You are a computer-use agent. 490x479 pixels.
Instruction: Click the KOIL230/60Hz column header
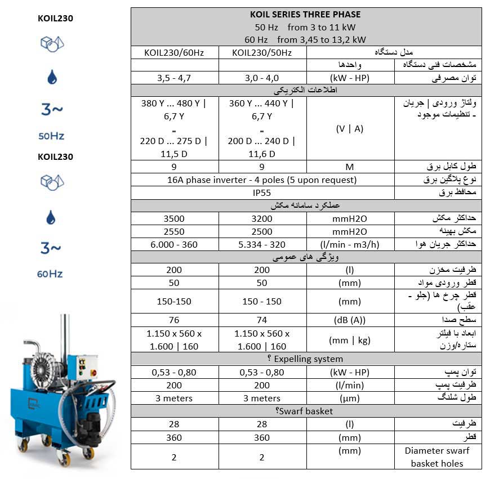[174, 52]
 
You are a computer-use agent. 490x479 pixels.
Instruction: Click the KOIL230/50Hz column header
[262, 52]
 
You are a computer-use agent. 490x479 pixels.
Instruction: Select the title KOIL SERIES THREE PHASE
[306, 15]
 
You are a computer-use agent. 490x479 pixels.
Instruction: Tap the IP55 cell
[262, 193]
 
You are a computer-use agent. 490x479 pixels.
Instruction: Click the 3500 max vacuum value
[174, 218]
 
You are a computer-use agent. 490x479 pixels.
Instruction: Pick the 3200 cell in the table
[262, 218]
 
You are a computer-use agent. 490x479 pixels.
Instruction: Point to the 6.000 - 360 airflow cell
[174, 244]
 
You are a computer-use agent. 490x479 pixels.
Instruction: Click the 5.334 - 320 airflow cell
[262, 244]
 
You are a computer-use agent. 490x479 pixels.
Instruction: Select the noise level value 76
[174, 320]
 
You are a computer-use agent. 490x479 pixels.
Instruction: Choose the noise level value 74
[262, 320]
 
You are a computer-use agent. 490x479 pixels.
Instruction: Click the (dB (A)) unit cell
[350, 320]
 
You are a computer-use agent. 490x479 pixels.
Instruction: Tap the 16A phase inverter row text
[262, 180]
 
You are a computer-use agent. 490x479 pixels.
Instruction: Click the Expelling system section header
[306, 359]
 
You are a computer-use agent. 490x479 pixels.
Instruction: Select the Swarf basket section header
[306, 411]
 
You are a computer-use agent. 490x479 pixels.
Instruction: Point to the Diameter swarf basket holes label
[437, 456]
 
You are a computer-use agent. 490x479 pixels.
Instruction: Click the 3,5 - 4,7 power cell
[174, 78]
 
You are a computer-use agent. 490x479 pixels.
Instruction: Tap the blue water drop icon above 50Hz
[52, 77]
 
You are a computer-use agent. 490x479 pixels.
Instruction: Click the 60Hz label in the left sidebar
[50, 274]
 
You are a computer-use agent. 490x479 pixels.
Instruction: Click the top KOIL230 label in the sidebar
[55, 18]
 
